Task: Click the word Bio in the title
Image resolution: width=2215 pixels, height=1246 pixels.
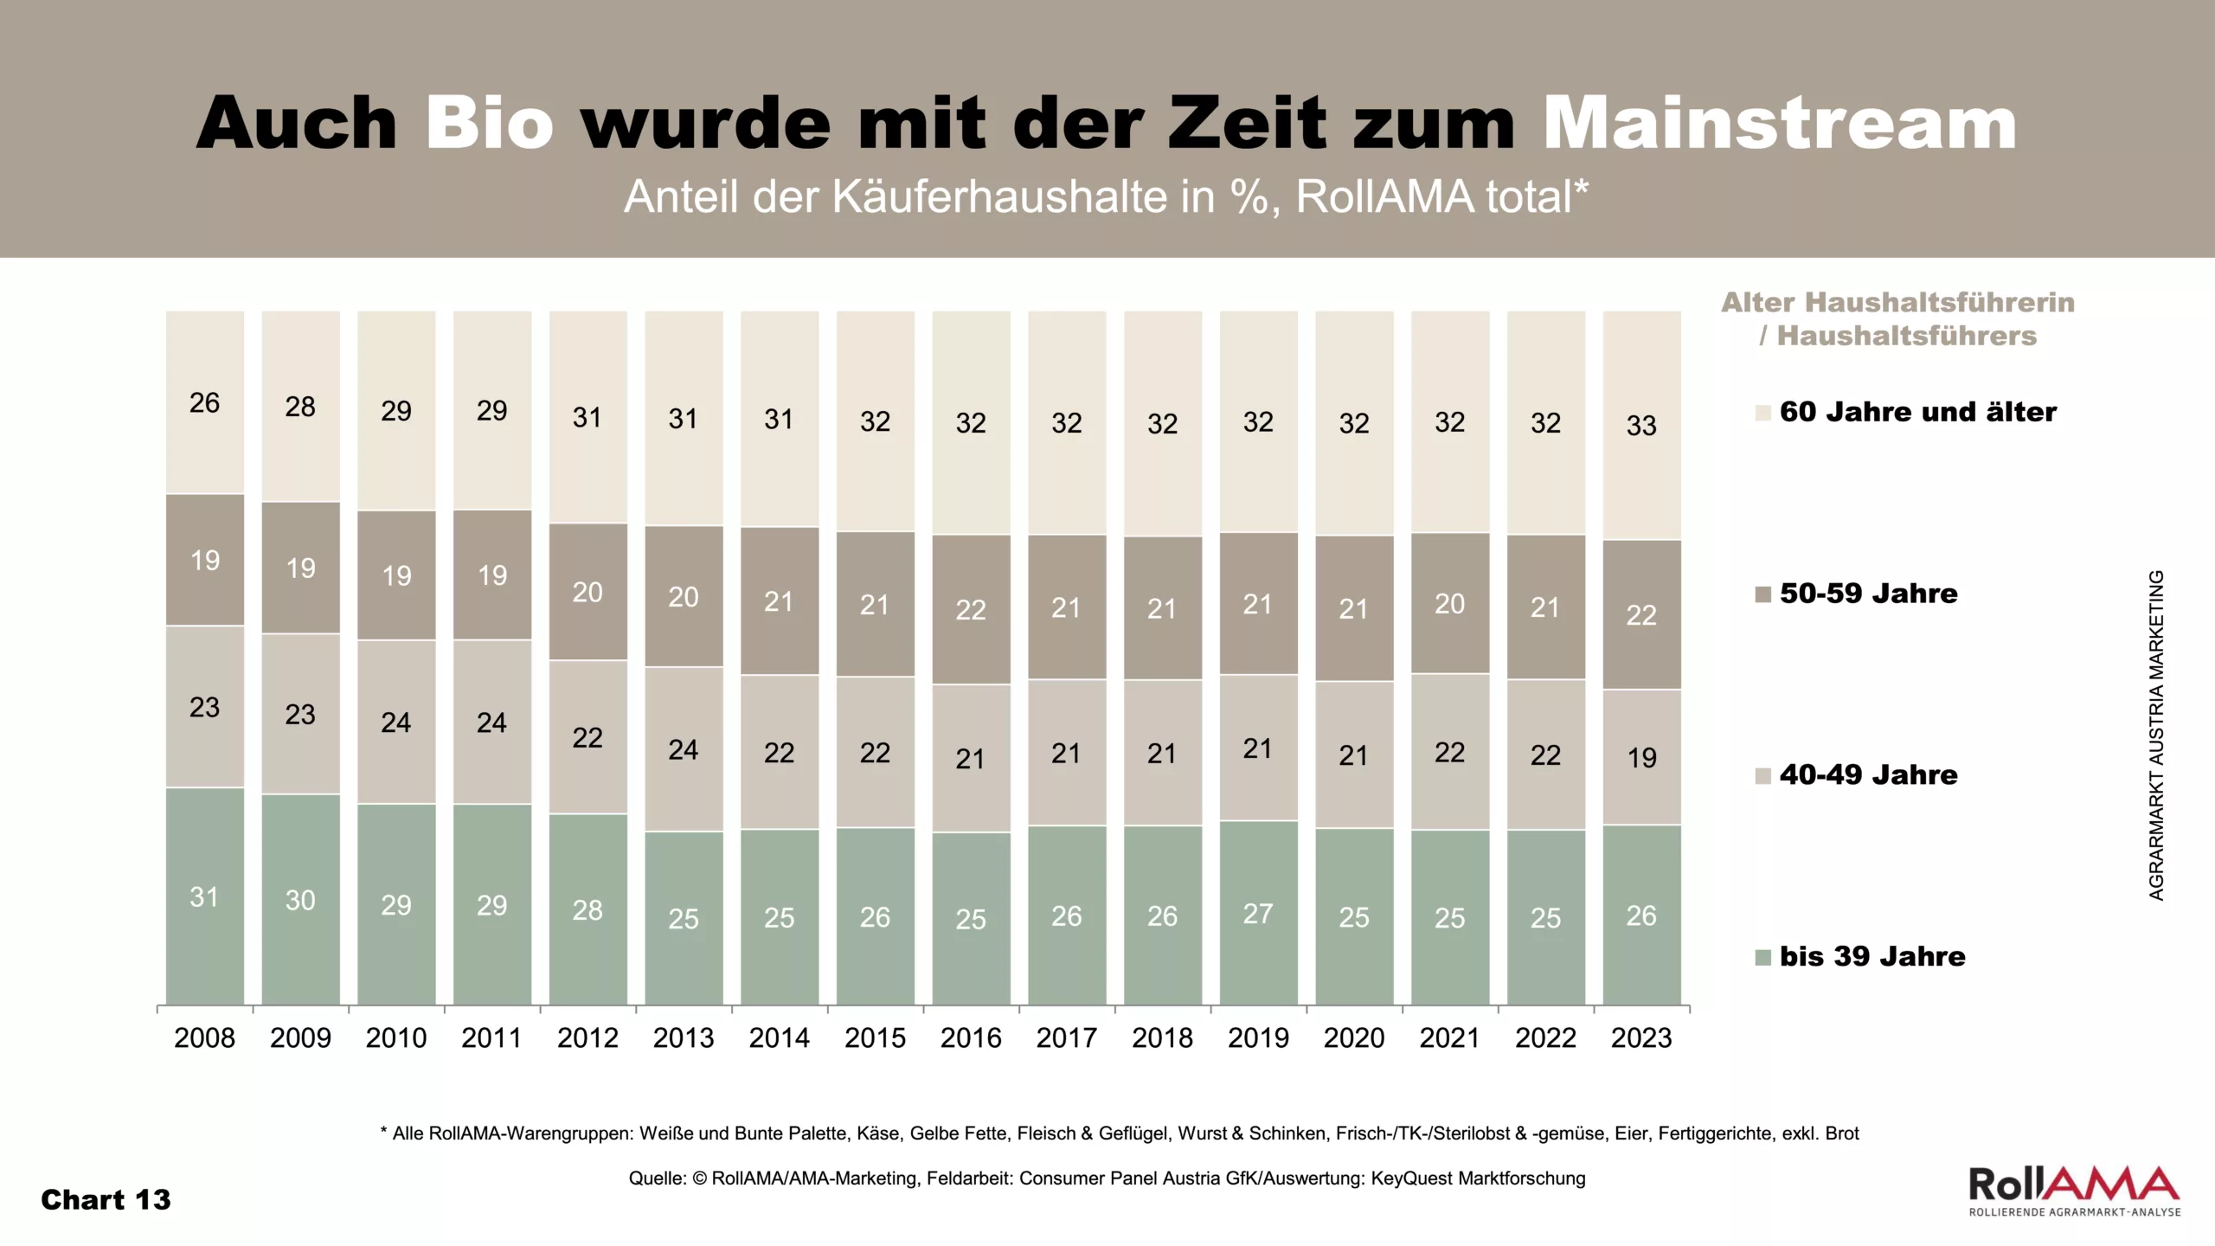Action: pyautogui.click(x=489, y=124)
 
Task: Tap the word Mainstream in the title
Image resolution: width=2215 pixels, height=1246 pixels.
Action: pyautogui.click(x=1780, y=124)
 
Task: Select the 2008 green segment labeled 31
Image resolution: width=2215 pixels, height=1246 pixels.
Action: pyautogui.click(x=205, y=896)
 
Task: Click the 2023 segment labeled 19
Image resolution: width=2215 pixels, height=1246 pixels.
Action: pyautogui.click(x=1641, y=757)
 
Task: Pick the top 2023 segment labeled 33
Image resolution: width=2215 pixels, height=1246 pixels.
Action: pyautogui.click(x=1641, y=425)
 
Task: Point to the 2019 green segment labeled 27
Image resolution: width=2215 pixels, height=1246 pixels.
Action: pyautogui.click(x=1258, y=913)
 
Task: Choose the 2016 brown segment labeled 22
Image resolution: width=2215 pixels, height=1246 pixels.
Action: pyautogui.click(x=971, y=609)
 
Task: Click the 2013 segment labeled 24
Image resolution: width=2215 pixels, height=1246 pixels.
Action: pyautogui.click(x=684, y=749)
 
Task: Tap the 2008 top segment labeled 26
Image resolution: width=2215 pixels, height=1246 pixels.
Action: pyautogui.click(x=205, y=402)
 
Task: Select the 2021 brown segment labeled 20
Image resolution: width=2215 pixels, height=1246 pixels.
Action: pyautogui.click(x=1450, y=603)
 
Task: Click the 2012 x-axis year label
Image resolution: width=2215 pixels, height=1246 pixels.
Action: pyautogui.click(x=587, y=1037)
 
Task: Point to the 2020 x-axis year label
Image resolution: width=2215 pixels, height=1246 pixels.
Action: pyautogui.click(x=1354, y=1037)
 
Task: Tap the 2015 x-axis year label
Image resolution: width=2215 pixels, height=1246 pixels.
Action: pyautogui.click(x=875, y=1037)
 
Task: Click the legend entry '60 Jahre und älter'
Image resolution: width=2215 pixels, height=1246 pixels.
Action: pyautogui.click(x=1917, y=412)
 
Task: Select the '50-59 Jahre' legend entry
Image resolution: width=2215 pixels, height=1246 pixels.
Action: pyautogui.click(x=1868, y=594)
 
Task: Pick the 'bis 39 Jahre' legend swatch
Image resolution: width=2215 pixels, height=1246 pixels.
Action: pyautogui.click(x=1762, y=957)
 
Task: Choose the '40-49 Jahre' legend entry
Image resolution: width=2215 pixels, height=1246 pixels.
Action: pyautogui.click(x=1868, y=774)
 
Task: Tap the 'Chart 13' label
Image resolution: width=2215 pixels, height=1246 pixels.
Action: pyautogui.click(x=106, y=1200)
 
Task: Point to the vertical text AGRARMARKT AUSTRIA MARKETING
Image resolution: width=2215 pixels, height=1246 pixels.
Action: pyautogui.click(x=2156, y=735)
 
